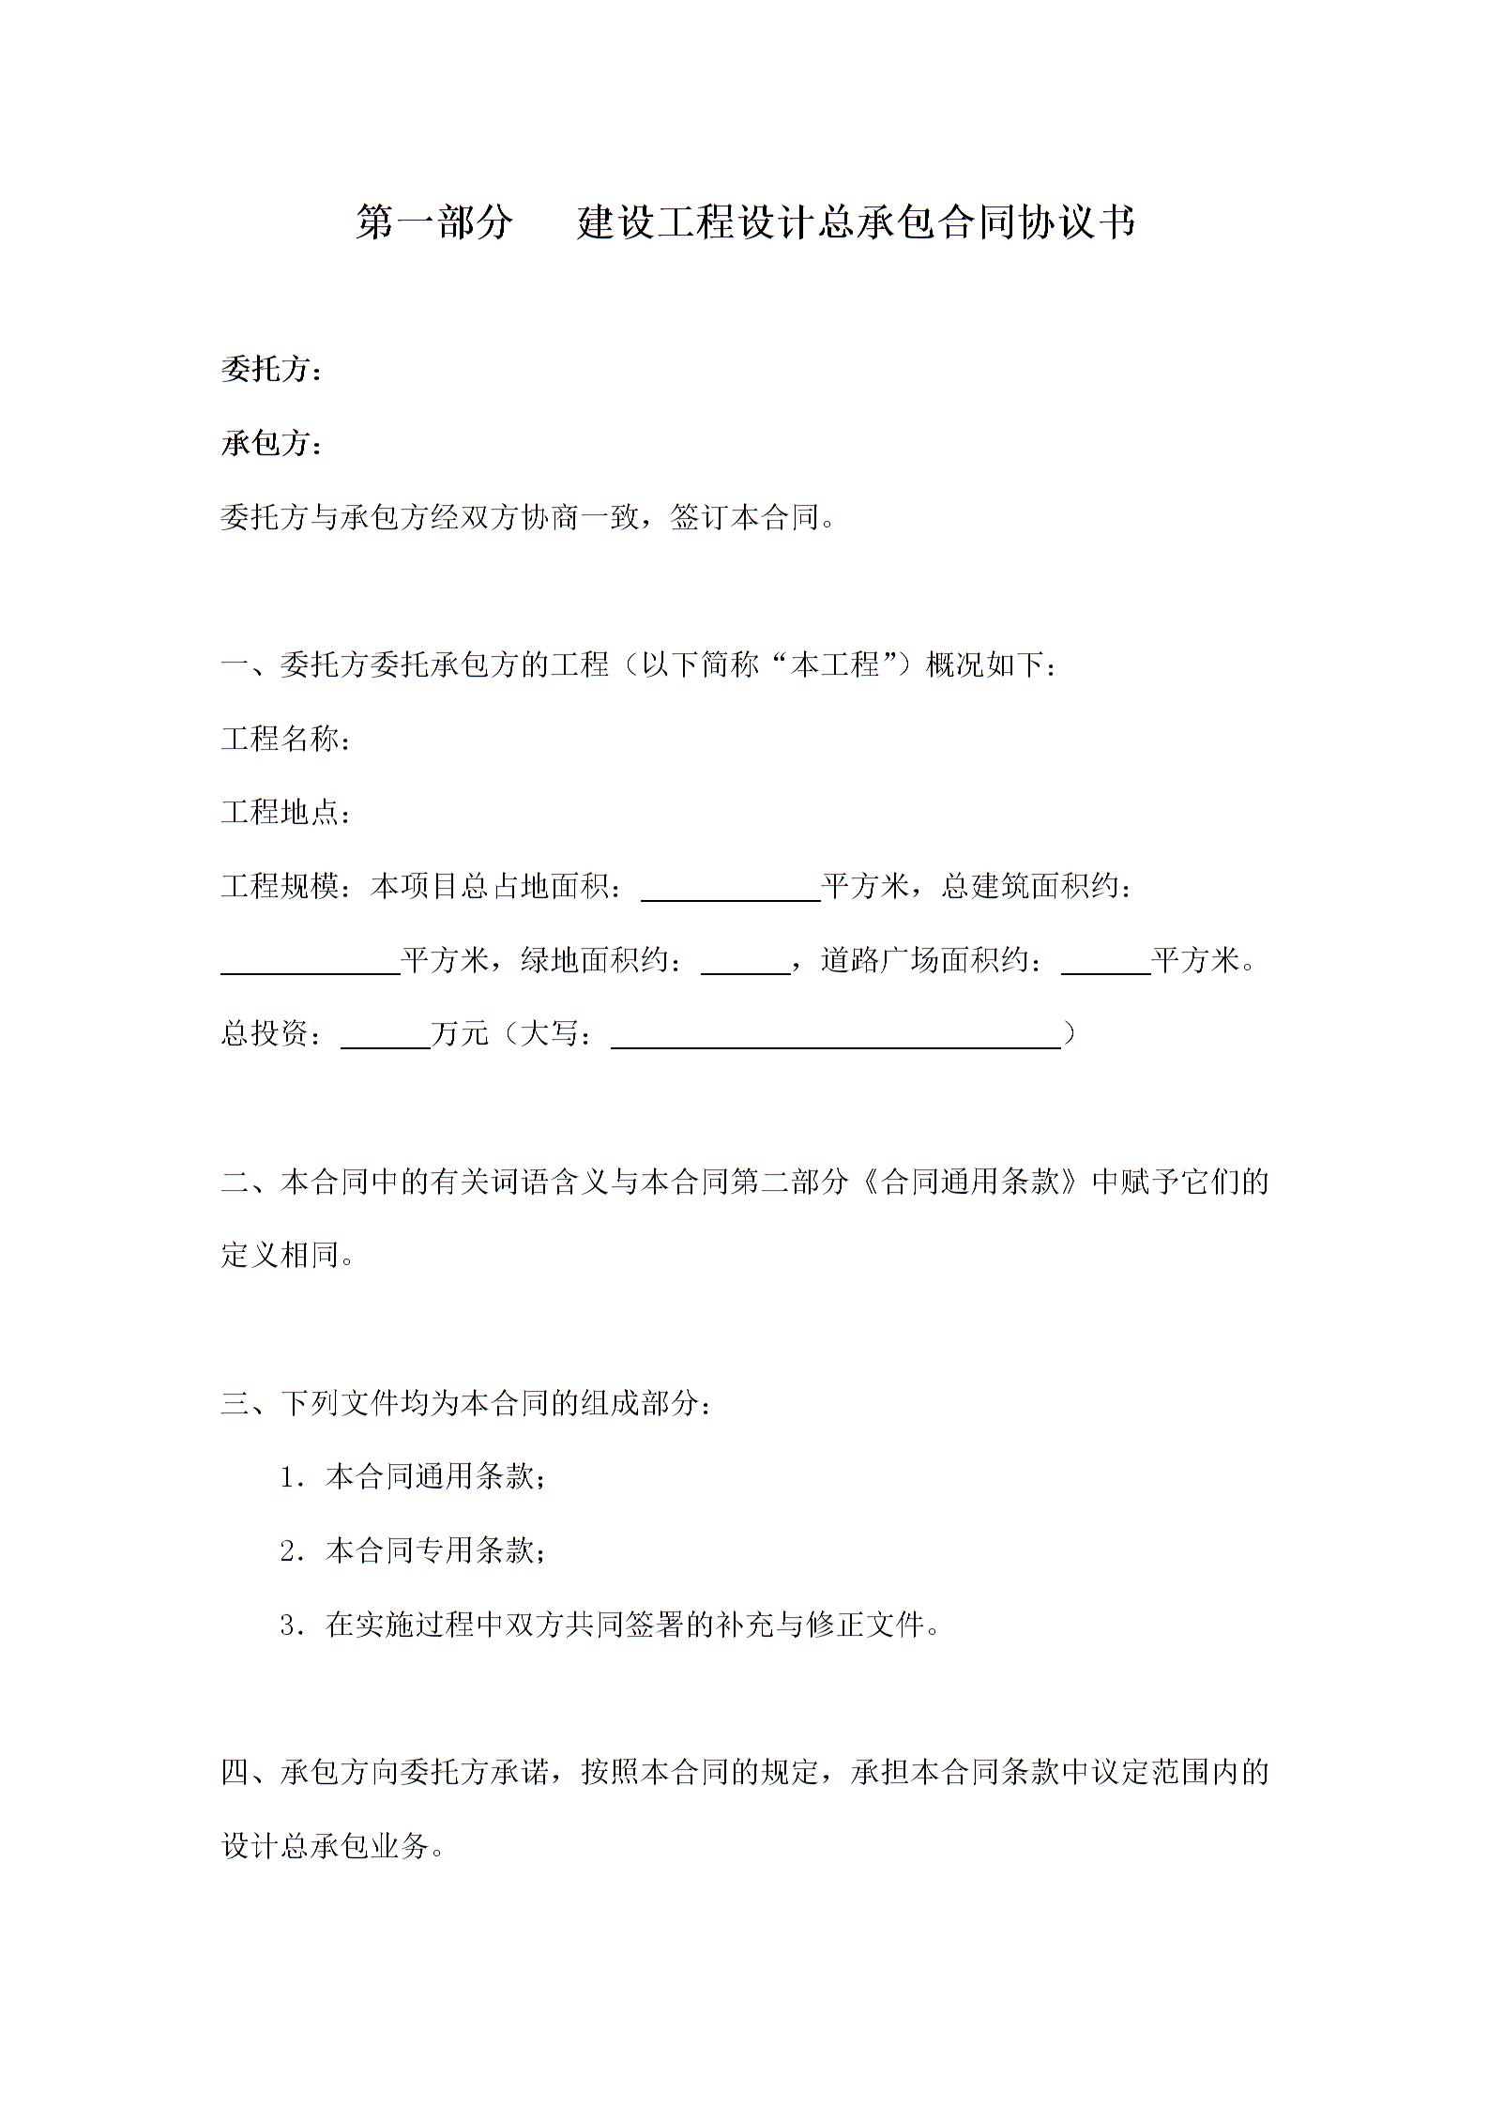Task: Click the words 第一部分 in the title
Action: (x=434, y=223)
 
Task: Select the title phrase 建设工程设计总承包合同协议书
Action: (x=856, y=223)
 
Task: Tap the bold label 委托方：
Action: (x=272, y=371)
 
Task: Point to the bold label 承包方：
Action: (x=272, y=444)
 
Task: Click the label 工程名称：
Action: (x=287, y=740)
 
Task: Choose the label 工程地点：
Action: (x=287, y=813)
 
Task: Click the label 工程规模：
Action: (x=287, y=886)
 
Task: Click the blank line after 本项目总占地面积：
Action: (x=731, y=897)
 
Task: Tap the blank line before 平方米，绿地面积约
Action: (x=311, y=970)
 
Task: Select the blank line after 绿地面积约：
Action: (x=746, y=970)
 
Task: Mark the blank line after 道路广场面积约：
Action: (x=1105, y=970)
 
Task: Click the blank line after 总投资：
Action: (x=385, y=1044)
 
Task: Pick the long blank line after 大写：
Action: (x=835, y=1044)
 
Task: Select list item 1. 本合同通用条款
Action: (x=413, y=1477)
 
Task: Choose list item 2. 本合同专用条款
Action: (x=413, y=1550)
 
